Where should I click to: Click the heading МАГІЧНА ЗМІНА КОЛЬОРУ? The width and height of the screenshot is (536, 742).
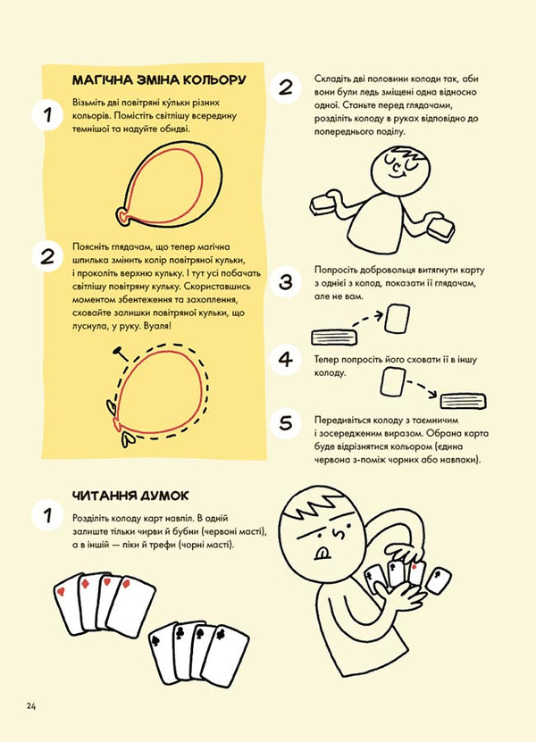coord(158,81)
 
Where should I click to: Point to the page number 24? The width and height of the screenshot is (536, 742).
coord(31,706)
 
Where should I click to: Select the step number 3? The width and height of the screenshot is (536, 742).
coord(286,282)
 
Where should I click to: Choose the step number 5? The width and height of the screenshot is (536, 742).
coord(286,422)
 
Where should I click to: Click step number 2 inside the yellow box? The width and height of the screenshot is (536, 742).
coord(43,256)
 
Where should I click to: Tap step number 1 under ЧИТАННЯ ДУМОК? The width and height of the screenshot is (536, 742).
coord(43,515)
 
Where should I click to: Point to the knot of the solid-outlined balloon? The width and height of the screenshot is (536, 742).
coord(122,214)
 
